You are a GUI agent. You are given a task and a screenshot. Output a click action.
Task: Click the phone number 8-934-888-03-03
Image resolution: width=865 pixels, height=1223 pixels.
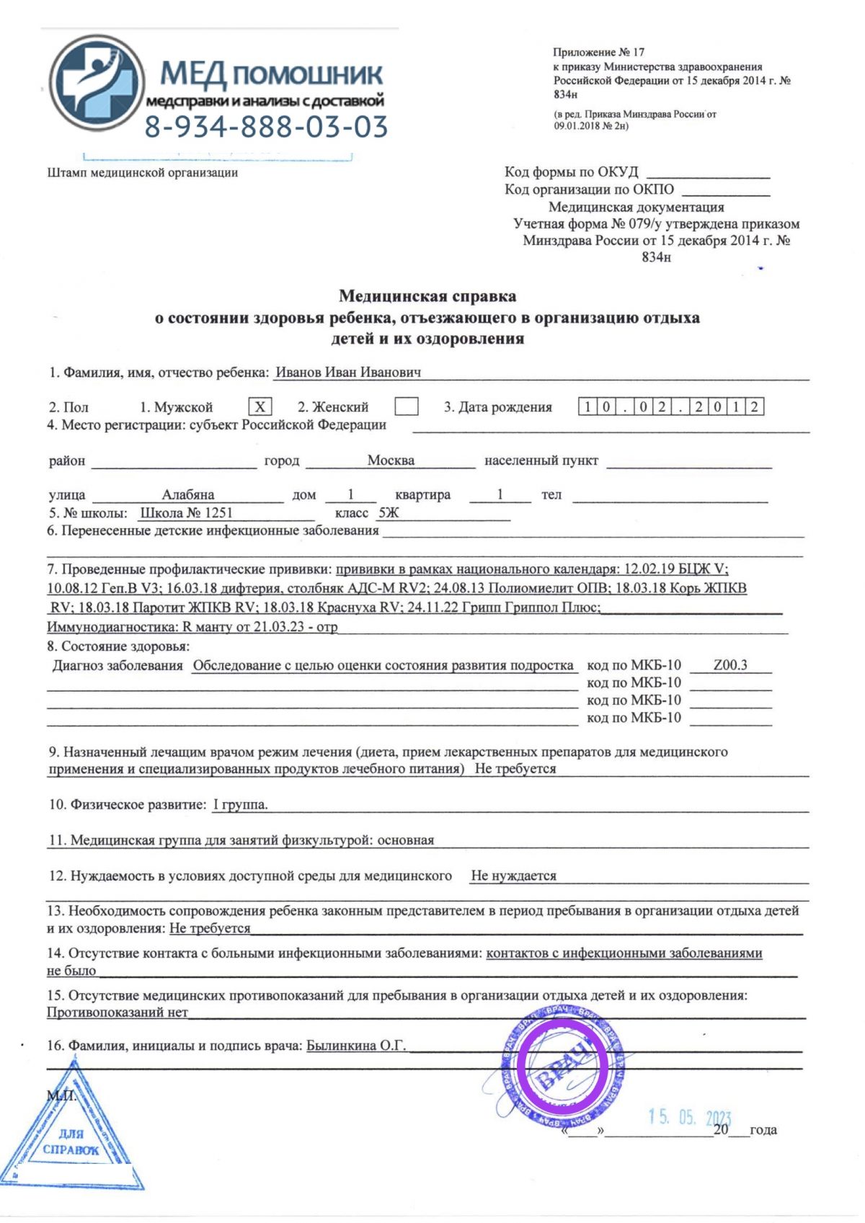[266, 127]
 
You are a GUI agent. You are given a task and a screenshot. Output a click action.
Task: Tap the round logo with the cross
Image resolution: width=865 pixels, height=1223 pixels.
[96, 80]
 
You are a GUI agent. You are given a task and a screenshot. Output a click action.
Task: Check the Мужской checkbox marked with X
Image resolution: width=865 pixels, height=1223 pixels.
[259, 407]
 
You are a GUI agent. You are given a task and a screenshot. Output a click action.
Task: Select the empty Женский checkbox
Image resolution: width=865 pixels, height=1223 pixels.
[407, 407]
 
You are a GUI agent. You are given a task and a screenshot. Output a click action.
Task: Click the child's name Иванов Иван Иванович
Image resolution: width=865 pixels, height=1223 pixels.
[348, 373]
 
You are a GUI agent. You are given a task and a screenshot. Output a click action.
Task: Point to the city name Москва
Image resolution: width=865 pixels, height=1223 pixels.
[391, 461]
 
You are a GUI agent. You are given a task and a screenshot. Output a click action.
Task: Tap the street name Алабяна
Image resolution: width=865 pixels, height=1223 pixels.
[187, 495]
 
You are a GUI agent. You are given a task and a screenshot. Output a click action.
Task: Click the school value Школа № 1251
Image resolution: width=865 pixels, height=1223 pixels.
[186, 513]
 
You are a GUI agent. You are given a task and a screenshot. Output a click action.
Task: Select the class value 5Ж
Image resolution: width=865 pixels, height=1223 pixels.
[389, 513]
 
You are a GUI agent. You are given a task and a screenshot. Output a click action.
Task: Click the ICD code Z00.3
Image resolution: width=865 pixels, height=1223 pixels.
[730, 665]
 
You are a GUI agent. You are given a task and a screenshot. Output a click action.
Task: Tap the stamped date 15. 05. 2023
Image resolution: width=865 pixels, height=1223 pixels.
[689, 1118]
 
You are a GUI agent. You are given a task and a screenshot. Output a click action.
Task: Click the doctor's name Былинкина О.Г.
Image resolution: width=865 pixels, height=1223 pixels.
[356, 1045]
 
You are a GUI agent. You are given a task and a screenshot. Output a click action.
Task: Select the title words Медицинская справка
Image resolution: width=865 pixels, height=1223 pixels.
[427, 295]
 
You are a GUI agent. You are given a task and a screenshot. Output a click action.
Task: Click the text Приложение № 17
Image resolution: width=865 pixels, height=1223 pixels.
[598, 52]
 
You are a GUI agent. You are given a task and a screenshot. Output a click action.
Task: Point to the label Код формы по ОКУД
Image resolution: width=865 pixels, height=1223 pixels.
[571, 172]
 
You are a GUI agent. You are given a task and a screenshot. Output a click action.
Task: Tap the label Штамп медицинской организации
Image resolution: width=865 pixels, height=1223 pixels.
[142, 172]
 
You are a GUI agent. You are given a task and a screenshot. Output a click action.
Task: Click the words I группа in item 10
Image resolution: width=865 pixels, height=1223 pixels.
[240, 804]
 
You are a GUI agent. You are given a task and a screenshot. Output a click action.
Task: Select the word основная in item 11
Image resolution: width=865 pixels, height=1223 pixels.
[406, 840]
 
